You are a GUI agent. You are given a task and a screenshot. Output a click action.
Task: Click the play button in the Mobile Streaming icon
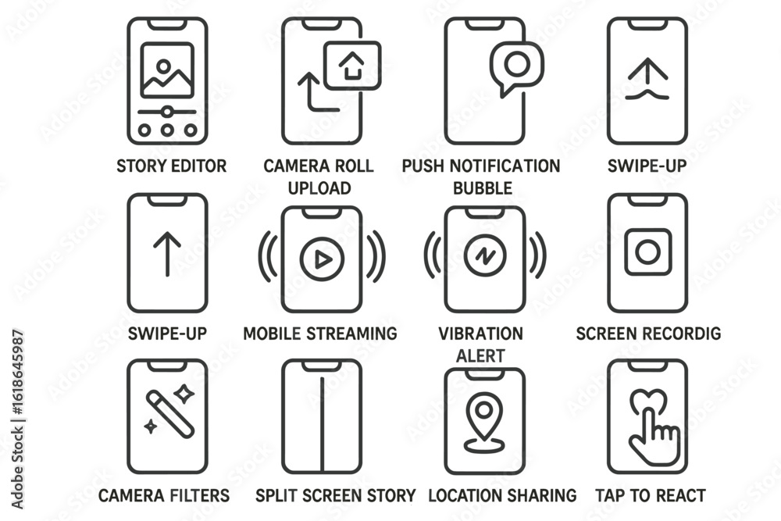[322, 259]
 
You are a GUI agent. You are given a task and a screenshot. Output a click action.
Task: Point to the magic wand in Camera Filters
[169, 415]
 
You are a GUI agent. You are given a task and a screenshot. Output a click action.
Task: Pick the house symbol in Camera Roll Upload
[351, 66]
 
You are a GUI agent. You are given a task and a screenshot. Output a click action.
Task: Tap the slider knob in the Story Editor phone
[167, 112]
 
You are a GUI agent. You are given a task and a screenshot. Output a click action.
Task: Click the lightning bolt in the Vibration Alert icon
[485, 256]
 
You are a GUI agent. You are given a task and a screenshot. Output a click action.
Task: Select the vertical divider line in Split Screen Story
[322, 424]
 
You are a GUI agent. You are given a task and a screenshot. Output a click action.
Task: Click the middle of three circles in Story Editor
[167, 130]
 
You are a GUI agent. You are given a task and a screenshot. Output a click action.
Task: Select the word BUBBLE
[483, 188]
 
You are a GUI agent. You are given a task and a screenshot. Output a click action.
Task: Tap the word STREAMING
[351, 334]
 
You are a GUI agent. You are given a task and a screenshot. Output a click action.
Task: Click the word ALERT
[480, 356]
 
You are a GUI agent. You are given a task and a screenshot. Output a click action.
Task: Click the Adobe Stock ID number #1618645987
[17, 372]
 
